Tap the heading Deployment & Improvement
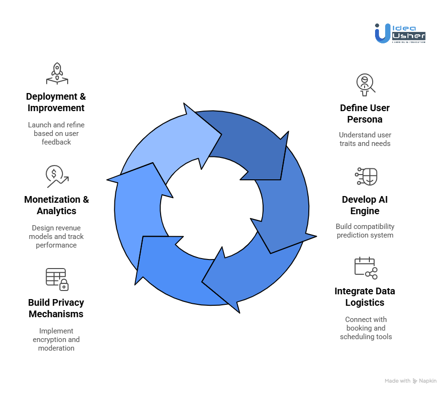click(x=56, y=102)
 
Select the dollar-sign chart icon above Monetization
click(x=57, y=176)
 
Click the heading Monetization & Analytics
click(x=57, y=205)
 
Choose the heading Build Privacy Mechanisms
click(x=56, y=308)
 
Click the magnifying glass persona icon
click(x=366, y=84)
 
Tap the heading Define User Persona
click(x=365, y=114)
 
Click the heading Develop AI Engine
click(x=365, y=205)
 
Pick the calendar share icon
click(x=366, y=268)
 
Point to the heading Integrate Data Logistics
click(x=365, y=297)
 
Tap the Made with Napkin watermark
click(x=410, y=381)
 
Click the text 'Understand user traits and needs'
click(x=365, y=139)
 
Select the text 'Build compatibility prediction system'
click(x=365, y=231)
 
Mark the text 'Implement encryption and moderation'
click(x=56, y=340)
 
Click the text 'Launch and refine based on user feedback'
click(x=56, y=134)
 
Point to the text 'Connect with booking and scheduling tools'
click(x=366, y=328)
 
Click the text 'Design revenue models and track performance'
click(x=56, y=237)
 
